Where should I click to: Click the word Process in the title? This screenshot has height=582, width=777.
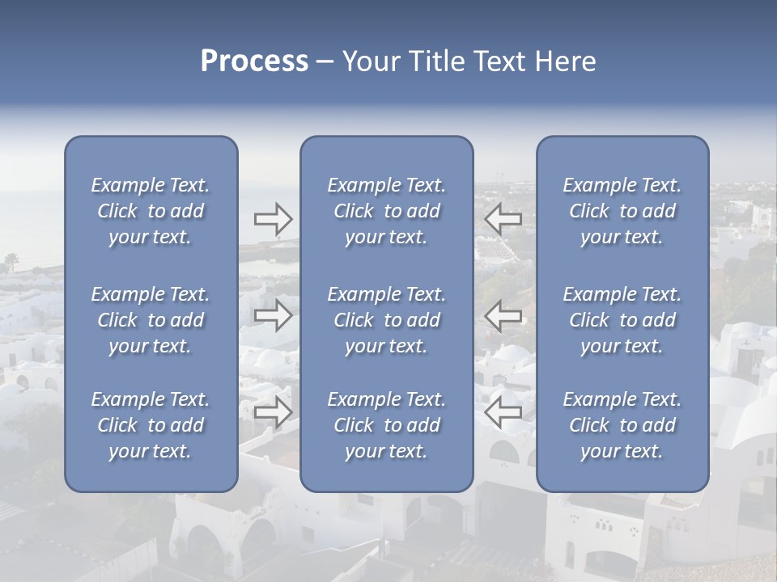click(x=254, y=61)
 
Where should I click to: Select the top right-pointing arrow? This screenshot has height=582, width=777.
click(x=274, y=219)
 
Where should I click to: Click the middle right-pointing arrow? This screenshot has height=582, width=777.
click(x=274, y=315)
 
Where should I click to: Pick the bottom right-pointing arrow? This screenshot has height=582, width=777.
click(x=274, y=412)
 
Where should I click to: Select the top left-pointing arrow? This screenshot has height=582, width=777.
click(x=503, y=219)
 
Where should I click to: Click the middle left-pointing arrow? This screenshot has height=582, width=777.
click(x=503, y=315)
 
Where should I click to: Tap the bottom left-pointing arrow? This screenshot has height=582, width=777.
click(x=503, y=412)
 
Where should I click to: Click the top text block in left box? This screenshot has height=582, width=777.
click(x=151, y=211)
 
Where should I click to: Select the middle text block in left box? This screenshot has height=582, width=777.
click(x=151, y=320)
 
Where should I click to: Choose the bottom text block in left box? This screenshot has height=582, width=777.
click(x=151, y=425)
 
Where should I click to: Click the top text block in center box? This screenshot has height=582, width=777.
click(x=386, y=211)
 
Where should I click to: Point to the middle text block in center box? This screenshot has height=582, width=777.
click(x=386, y=320)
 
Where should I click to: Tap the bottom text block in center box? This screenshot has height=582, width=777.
click(x=386, y=425)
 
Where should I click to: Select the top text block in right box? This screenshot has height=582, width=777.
click(x=622, y=211)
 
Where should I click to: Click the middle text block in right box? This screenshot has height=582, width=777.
click(x=622, y=320)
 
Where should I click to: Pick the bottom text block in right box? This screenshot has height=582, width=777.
click(x=622, y=425)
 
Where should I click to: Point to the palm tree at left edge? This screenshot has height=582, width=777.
click(x=11, y=261)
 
